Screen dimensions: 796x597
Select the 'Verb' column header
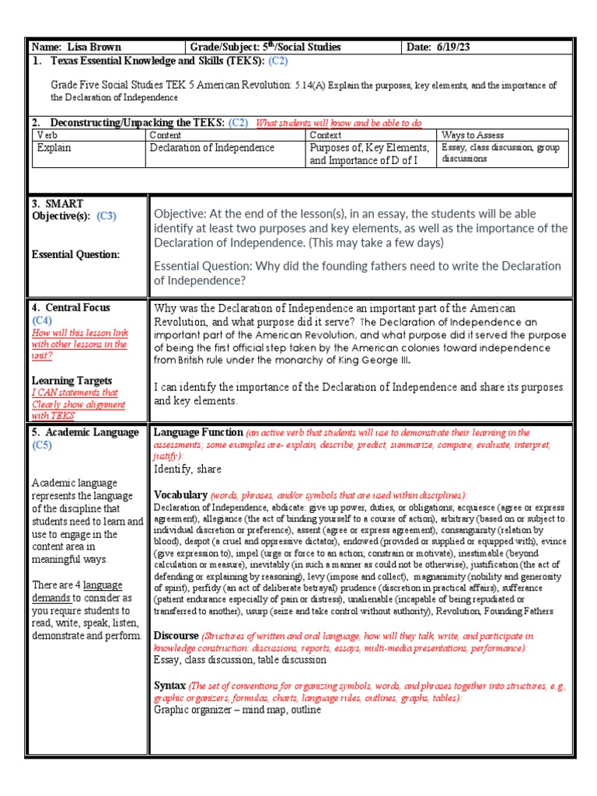[47, 135]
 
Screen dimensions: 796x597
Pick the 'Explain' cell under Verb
[54, 147]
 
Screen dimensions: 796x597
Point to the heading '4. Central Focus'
[71, 308]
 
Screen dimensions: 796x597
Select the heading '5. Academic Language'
[85, 432]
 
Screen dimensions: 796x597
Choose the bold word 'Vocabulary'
[180, 494]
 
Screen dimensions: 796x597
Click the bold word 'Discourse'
[176, 636]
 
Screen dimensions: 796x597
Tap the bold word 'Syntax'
[169, 686]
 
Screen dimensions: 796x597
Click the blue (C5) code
[41, 445]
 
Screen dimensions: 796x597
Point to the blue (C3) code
[106, 216]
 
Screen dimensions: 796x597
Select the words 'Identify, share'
[187, 470]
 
